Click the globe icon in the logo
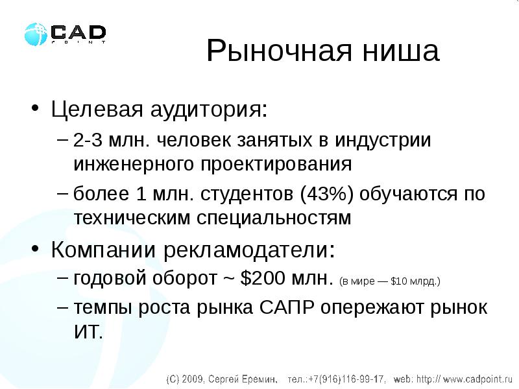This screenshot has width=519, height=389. tap(36, 34)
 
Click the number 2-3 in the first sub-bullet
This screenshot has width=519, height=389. tap(88, 141)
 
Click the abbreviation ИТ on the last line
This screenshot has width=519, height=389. tap(88, 332)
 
